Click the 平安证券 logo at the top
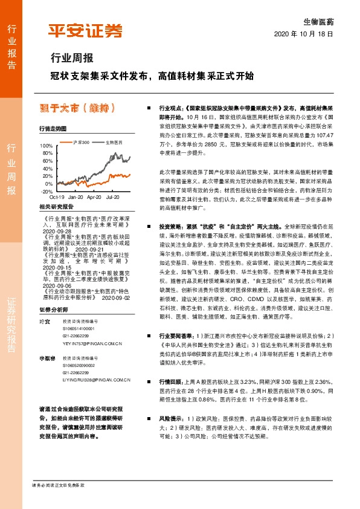(x=85, y=31)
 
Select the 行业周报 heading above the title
(x=71, y=59)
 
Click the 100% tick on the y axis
(x=47, y=146)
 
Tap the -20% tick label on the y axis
(x=47, y=191)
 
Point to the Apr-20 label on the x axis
(x=94, y=197)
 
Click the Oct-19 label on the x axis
(x=57, y=197)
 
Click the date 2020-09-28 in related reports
(x=57, y=231)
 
